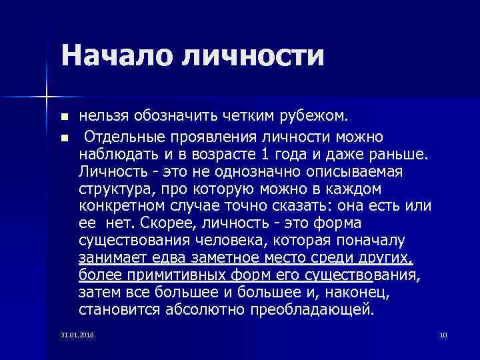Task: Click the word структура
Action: click(x=114, y=189)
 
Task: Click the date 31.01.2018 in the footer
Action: click(x=77, y=334)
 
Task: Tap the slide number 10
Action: click(x=443, y=334)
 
